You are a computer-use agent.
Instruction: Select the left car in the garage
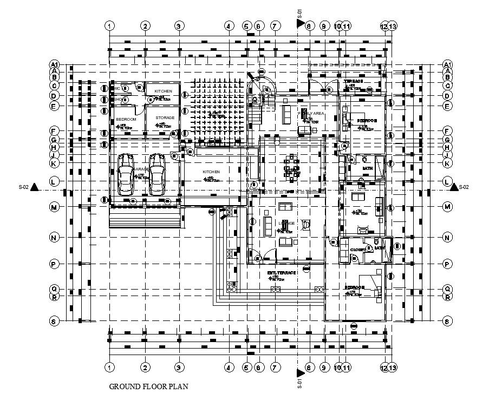126,174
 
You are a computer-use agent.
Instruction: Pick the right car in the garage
157,174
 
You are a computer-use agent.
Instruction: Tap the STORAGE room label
165,117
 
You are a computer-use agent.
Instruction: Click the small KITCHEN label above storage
163,91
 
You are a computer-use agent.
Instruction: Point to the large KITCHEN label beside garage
211,172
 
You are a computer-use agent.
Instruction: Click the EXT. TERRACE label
282,273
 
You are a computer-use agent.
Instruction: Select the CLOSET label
357,250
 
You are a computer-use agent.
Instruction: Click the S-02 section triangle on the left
35,187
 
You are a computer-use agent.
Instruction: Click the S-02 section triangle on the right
454,187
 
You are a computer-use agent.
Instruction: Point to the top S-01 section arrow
300,22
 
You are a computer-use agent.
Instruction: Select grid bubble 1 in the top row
110,26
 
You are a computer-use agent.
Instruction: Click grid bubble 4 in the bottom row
229,368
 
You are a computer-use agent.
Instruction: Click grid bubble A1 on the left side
54,64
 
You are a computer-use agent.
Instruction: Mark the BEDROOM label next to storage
126,118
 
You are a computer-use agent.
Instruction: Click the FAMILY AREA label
312,113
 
